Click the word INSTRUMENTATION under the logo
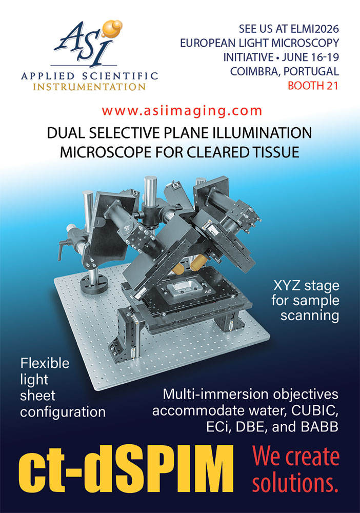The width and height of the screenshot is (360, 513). (89, 87)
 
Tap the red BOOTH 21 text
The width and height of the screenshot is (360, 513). (313, 86)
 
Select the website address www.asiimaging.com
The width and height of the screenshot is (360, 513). (182, 111)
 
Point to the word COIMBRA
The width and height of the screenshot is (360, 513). (254, 71)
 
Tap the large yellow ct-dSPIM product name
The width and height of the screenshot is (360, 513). (126, 469)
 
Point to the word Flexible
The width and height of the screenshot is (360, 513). (45, 363)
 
